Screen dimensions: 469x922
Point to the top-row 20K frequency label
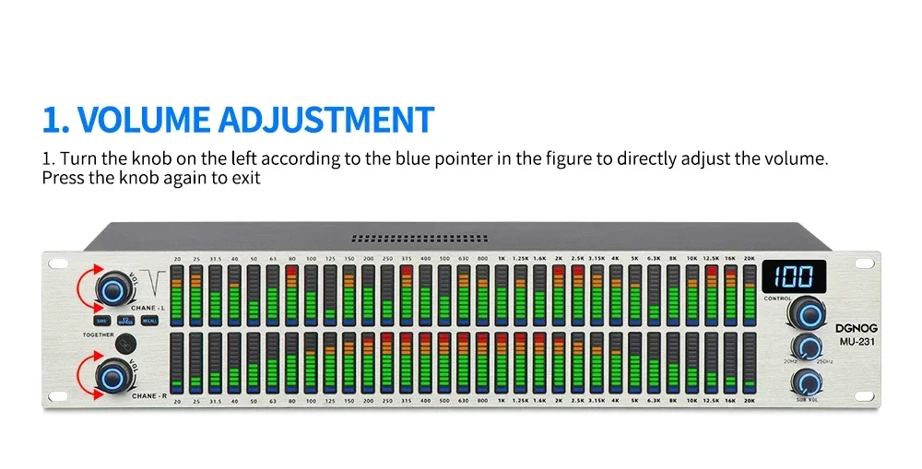point(749,259)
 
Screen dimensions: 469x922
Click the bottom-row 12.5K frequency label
point(711,402)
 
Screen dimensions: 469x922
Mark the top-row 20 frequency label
point(176,259)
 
